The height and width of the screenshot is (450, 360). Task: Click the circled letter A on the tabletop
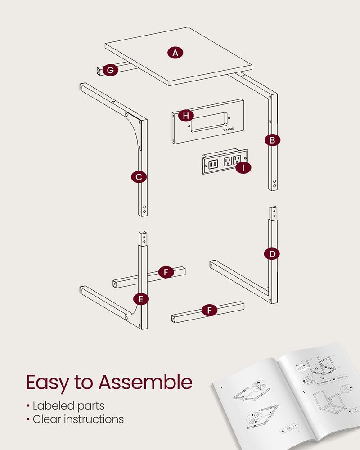(x=175, y=53)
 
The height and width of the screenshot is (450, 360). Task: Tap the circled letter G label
(x=110, y=70)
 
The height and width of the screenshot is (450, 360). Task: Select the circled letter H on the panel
(x=184, y=116)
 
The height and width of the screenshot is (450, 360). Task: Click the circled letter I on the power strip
(x=243, y=168)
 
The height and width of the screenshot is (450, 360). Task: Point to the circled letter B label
(x=272, y=140)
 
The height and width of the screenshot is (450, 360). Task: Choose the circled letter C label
(x=139, y=177)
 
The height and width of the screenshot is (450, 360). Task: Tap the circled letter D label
(x=272, y=254)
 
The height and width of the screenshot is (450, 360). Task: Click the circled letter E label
(x=141, y=298)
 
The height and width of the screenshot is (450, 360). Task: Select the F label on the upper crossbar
(x=166, y=272)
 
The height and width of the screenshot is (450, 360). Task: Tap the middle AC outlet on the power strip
(x=228, y=161)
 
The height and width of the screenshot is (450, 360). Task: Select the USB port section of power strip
(x=214, y=162)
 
